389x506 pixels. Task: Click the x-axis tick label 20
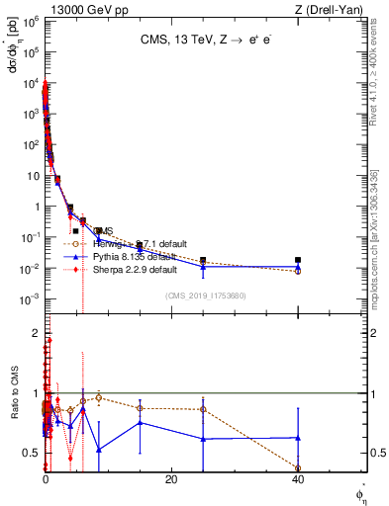[x=171, y=479]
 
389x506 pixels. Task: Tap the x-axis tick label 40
[x=298, y=479]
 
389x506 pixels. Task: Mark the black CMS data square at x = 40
[x=298, y=260]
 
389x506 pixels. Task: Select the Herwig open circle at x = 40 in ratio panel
[x=298, y=468]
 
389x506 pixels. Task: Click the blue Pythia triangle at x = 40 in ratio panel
[x=298, y=437]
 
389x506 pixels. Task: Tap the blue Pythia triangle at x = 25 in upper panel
[x=203, y=267]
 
